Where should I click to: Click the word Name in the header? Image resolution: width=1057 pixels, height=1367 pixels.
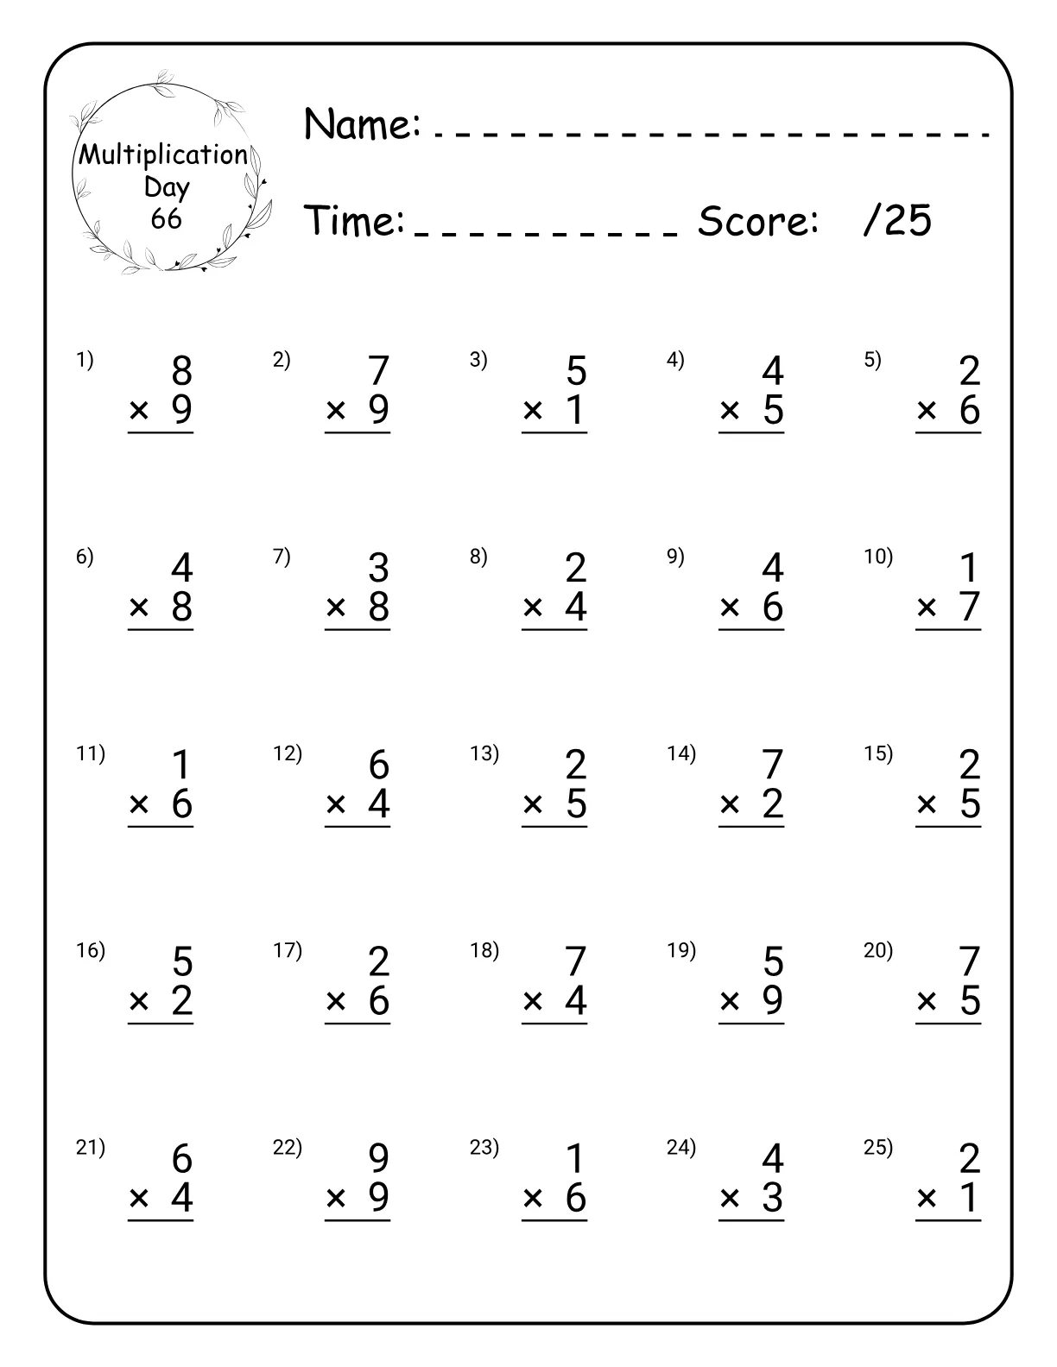click(x=361, y=124)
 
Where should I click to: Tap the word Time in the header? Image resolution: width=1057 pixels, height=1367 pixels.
click(x=354, y=221)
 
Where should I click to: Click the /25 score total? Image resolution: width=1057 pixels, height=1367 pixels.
click(x=897, y=221)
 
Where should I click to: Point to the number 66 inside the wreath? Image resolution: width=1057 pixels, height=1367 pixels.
click(x=166, y=218)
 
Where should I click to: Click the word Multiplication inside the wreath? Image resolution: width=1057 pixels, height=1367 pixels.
click(x=164, y=155)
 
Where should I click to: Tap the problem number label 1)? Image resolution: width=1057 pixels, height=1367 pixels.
click(x=85, y=360)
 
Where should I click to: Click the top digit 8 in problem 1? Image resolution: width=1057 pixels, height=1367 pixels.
click(x=181, y=371)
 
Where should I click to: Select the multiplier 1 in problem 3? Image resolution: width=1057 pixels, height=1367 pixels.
click(x=576, y=411)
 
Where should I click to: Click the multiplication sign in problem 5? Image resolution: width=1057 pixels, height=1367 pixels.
click(x=927, y=412)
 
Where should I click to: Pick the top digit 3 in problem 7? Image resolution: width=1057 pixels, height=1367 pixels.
click(x=378, y=568)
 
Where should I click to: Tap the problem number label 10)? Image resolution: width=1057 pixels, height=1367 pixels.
click(x=878, y=557)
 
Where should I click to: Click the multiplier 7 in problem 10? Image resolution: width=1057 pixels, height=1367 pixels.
click(x=970, y=608)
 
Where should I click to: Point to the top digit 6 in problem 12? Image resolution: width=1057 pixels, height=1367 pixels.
click(x=378, y=765)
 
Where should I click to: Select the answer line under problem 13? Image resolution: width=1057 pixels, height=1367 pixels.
click(x=554, y=827)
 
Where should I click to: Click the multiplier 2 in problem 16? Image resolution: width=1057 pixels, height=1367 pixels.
click(x=181, y=1001)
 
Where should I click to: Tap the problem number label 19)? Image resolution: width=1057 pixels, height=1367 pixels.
click(x=680, y=950)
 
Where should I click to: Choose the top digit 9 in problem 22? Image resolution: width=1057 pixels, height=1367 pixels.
click(x=378, y=1159)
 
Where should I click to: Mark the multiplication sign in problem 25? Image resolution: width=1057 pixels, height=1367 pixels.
click(x=927, y=1199)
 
